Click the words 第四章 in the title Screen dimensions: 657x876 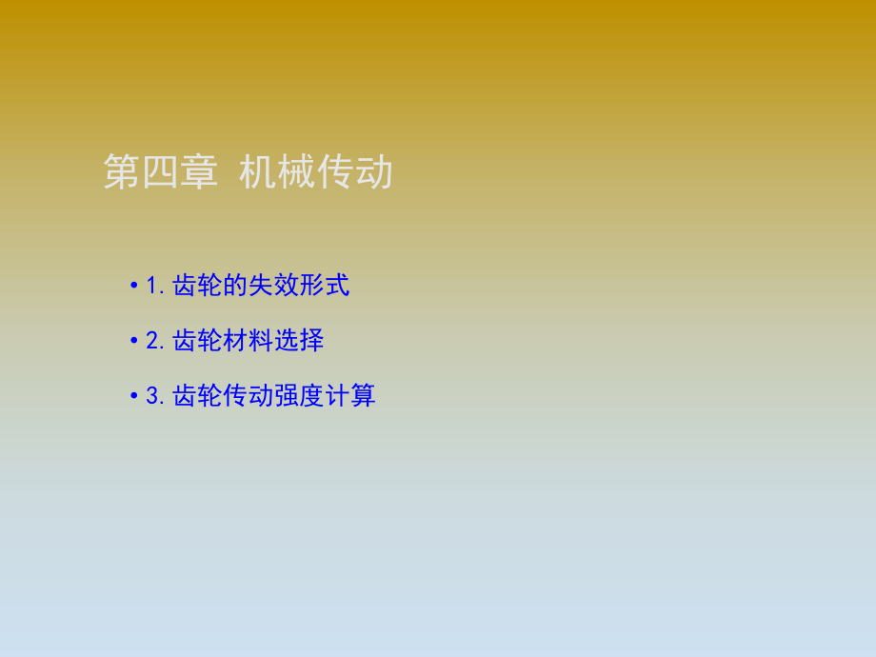click(x=160, y=173)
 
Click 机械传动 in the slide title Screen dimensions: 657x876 click(x=315, y=173)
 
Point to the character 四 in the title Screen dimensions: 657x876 click(x=160, y=173)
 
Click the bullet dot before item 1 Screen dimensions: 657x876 click(x=134, y=286)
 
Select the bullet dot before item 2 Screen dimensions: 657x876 click(x=134, y=341)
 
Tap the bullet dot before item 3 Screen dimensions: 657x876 click(x=134, y=396)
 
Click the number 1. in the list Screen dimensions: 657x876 click(x=157, y=286)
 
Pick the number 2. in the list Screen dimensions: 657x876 click(x=157, y=341)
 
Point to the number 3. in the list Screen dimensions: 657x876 click(x=157, y=396)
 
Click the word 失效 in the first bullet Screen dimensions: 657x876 click(x=274, y=286)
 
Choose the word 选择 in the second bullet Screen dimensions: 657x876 click(x=299, y=341)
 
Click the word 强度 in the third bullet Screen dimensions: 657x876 click(x=299, y=396)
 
